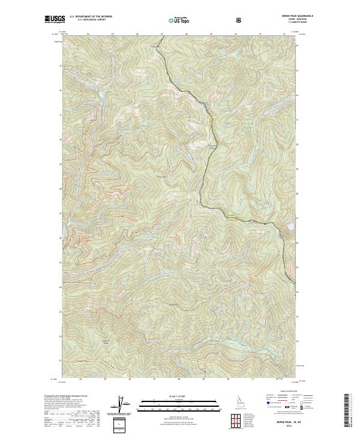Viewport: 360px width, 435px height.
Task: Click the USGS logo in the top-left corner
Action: [55, 20]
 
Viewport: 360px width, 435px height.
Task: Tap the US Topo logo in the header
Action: [181, 20]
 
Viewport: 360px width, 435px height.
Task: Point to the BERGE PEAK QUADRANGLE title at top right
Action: [280, 17]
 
